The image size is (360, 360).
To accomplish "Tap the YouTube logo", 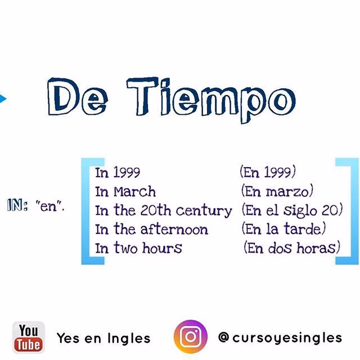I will pos(29,337).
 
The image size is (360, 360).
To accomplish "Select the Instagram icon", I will pos(190,337).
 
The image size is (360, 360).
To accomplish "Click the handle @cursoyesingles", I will pos(280,337).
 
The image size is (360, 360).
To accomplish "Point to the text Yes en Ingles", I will pos(103,338).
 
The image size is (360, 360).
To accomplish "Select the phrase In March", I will pos(125,191).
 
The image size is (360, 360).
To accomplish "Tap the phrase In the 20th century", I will pos(163,210).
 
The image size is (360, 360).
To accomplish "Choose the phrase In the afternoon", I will pos(151,229).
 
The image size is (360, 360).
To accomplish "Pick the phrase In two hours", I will pos(138,247).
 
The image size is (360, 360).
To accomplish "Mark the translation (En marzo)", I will pos(276,191).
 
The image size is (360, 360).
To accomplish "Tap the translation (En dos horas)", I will pos(292,247).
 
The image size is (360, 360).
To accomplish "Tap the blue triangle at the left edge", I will pos(3,100).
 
